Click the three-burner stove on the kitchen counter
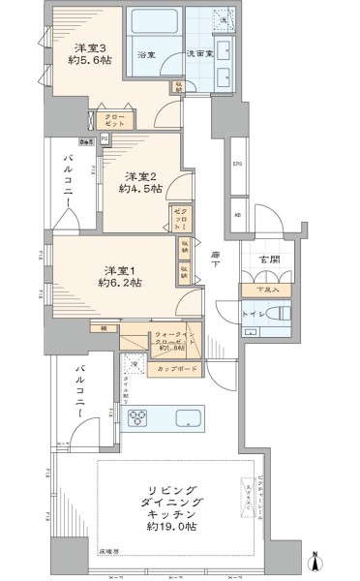pos(139,418)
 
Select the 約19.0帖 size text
pos(174,529)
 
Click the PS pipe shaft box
pos(105,138)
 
